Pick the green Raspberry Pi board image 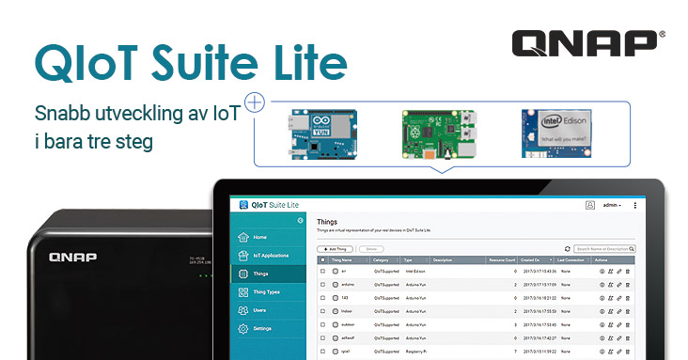pyautogui.click(x=438, y=133)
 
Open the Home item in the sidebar pyautogui.click(x=259, y=237)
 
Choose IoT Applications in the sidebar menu pyautogui.click(x=269, y=255)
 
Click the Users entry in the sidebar pyautogui.click(x=260, y=309)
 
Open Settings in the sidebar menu pyautogui.click(x=262, y=328)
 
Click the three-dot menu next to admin pyautogui.click(x=635, y=205)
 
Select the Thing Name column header pyautogui.click(x=341, y=259)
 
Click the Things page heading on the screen pyautogui.click(x=327, y=222)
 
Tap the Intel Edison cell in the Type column pyautogui.click(x=417, y=271)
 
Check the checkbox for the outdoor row pyautogui.click(x=322, y=324)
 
